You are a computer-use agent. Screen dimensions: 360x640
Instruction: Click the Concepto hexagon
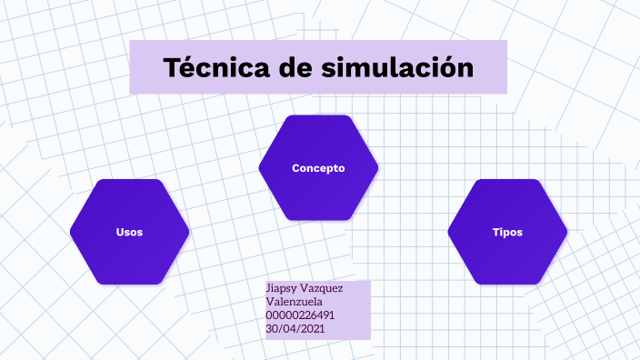pos(318,168)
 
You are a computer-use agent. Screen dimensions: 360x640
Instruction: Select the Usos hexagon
pos(129,232)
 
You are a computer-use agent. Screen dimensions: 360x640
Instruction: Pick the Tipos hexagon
pos(507,232)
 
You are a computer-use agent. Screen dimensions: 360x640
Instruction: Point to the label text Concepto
pos(318,168)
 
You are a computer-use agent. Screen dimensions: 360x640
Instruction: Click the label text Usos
pos(129,232)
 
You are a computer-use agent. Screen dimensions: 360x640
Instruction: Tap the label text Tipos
pos(507,232)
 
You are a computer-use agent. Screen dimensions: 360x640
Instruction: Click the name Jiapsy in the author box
pos(281,289)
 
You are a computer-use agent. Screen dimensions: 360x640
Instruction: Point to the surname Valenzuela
pos(295,302)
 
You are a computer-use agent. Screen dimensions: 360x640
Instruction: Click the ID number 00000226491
pos(301,315)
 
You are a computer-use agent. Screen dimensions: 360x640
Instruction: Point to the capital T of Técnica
pos(174,67)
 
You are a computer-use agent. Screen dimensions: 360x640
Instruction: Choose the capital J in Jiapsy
pos(268,289)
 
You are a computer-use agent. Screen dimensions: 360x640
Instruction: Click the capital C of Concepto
pos(295,168)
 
